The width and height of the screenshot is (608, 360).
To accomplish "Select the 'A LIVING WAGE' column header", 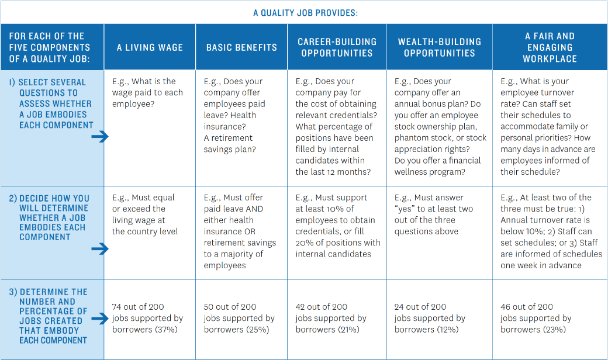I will tap(150, 47).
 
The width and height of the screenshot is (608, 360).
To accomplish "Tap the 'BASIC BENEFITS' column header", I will tap(241, 47).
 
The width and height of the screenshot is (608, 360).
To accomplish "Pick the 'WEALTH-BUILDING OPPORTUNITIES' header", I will tap(440, 47).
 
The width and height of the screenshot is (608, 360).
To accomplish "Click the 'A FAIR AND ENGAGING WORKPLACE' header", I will tap(550, 47).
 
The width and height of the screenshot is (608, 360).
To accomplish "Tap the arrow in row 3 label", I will tap(100, 319).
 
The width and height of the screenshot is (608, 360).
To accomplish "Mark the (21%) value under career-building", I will tap(348, 330).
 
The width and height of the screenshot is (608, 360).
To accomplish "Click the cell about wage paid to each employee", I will tap(147, 92).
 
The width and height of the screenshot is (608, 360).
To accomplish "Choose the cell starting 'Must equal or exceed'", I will tap(143, 214).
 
